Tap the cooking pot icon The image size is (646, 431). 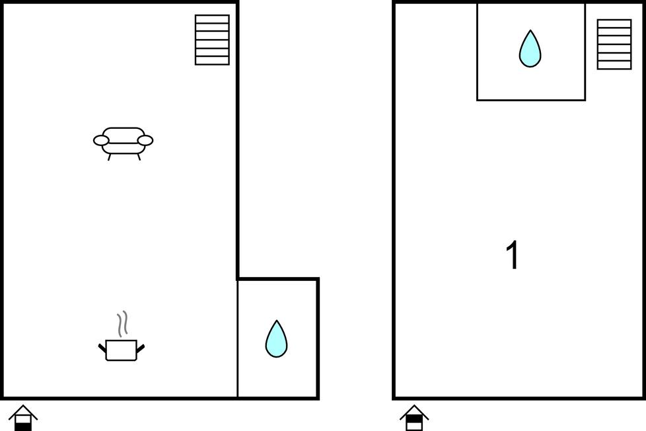[122, 349]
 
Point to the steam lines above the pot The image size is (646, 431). [122, 324]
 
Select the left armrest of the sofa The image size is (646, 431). [101, 140]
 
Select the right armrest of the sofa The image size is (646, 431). [145, 140]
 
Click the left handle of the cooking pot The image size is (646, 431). [102, 347]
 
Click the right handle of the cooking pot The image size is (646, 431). [140, 347]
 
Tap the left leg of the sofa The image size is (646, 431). [110, 157]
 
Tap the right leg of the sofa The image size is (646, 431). [138, 157]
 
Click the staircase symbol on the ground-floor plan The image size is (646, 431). [212, 40]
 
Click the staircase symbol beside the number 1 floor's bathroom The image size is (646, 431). [614, 44]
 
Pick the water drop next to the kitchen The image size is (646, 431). [276, 339]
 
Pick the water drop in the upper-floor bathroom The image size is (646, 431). [530, 49]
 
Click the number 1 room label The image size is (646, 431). [513, 256]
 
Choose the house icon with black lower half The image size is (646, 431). [23, 418]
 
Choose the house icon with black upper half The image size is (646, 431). [414, 418]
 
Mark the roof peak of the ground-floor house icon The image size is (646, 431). [23, 407]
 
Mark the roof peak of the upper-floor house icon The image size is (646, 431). [414, 407]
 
